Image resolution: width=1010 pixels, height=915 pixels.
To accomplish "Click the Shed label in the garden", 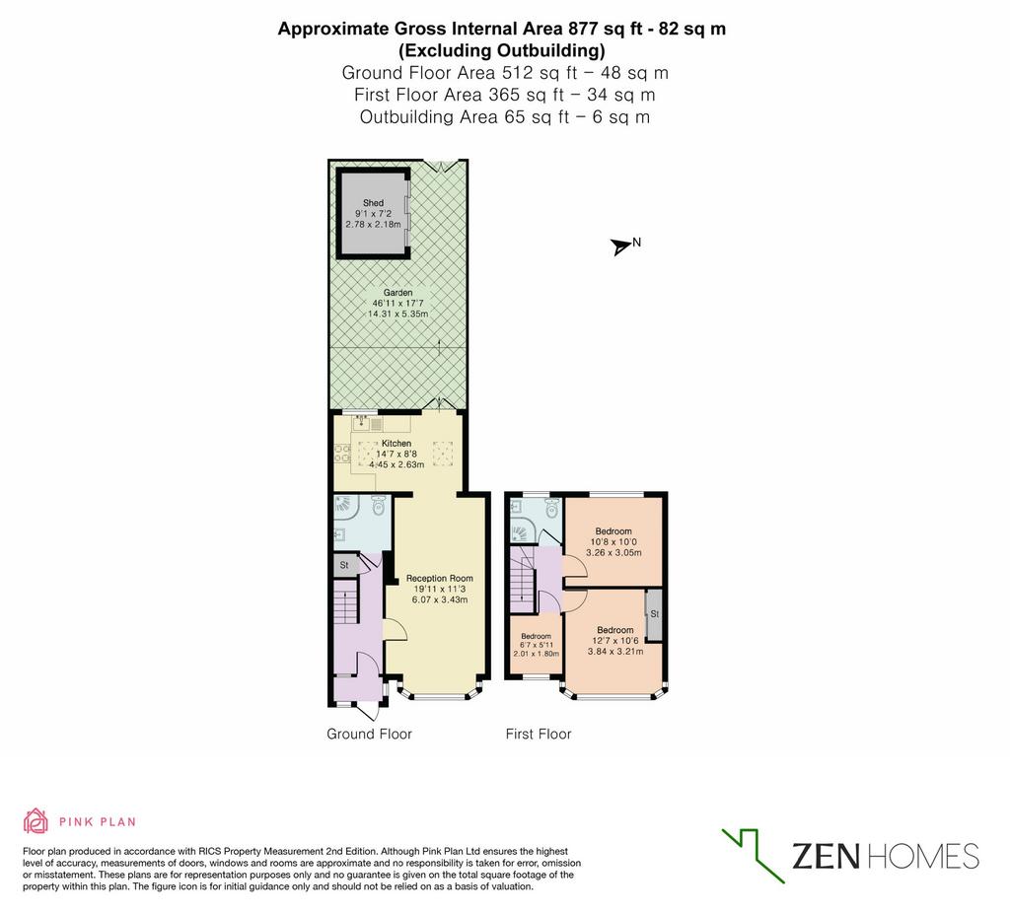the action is click(373, 203).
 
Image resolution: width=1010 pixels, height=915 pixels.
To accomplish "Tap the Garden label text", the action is click(397, 292).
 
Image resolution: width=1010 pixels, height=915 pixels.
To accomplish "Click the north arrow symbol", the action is click(621, 246).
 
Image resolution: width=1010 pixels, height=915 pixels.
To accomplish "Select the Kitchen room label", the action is click(397, 443).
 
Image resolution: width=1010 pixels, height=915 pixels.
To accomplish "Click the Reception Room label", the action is click(439, 578).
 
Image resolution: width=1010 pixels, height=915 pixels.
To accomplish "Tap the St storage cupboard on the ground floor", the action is click(344, 565).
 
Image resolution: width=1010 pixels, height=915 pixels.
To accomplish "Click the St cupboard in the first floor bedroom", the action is click(655, 613).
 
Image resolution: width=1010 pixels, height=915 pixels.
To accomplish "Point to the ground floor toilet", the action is click(378, 506).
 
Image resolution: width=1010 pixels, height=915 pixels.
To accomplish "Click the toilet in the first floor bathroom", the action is click(551, 510).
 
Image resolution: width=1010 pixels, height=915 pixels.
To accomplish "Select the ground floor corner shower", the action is click(346, 508).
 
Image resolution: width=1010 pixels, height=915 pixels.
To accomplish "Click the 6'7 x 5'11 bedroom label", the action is click(536, 645).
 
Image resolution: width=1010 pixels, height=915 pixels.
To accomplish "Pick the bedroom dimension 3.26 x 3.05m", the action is click(613, 552).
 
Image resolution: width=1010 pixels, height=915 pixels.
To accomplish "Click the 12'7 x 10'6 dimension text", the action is click(615, 641).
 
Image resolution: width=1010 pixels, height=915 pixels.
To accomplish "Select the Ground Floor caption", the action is click(369, 734).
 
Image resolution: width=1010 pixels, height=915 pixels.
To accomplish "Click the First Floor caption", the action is click(539, 734).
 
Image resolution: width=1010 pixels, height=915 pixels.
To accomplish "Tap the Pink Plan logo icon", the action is click(36, 821).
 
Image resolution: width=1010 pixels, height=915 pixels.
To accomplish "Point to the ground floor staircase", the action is click(346, 601).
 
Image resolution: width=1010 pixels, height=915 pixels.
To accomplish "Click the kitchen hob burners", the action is click(342, 454).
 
